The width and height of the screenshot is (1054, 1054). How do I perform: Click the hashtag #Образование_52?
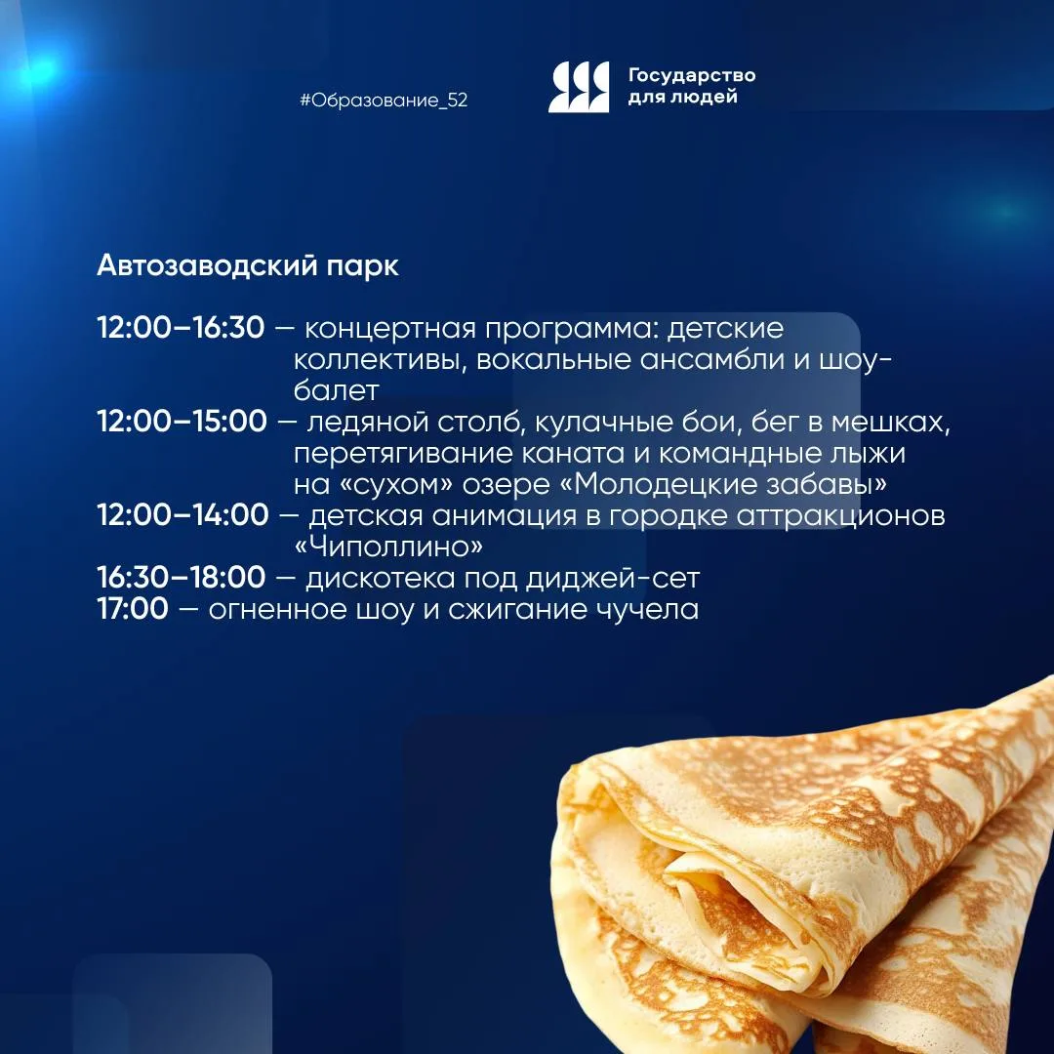pos(384,101)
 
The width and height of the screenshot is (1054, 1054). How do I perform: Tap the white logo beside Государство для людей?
pos(579,87)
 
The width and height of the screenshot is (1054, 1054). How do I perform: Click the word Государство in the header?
pos(692,75)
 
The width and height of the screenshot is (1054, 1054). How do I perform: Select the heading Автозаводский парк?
pos(248,266)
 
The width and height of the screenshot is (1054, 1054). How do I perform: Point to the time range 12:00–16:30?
pos(181,328)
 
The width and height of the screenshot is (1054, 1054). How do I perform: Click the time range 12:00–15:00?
pos(182,422)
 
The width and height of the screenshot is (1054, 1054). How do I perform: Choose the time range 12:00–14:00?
pos(182,515)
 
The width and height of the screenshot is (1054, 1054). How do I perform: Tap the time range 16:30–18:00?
pos(182,578)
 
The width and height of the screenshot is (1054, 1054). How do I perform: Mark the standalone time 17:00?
pos(133,609)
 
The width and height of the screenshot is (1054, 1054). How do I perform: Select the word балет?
pos(337,390)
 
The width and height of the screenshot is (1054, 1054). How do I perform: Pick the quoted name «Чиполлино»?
pos(389,547)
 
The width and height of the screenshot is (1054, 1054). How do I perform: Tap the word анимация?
pos(505,516)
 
